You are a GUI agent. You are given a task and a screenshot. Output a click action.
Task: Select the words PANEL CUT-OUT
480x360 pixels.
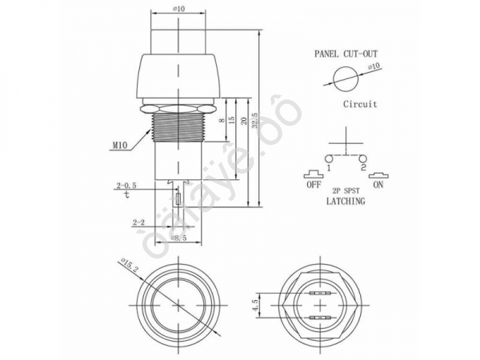point(345,54)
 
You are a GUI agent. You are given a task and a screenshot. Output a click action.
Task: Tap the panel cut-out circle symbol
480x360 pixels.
point(342,79)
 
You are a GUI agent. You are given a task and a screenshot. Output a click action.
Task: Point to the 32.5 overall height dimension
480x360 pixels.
point(254,120)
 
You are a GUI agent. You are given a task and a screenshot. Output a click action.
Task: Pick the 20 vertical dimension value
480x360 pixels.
point(243,120)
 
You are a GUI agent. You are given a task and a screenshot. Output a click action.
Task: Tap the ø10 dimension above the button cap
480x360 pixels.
point(179,10)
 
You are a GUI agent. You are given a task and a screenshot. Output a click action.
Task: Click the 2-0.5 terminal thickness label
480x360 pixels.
point(126,186)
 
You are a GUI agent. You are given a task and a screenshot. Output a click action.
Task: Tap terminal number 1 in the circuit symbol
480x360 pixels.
point(328,168)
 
